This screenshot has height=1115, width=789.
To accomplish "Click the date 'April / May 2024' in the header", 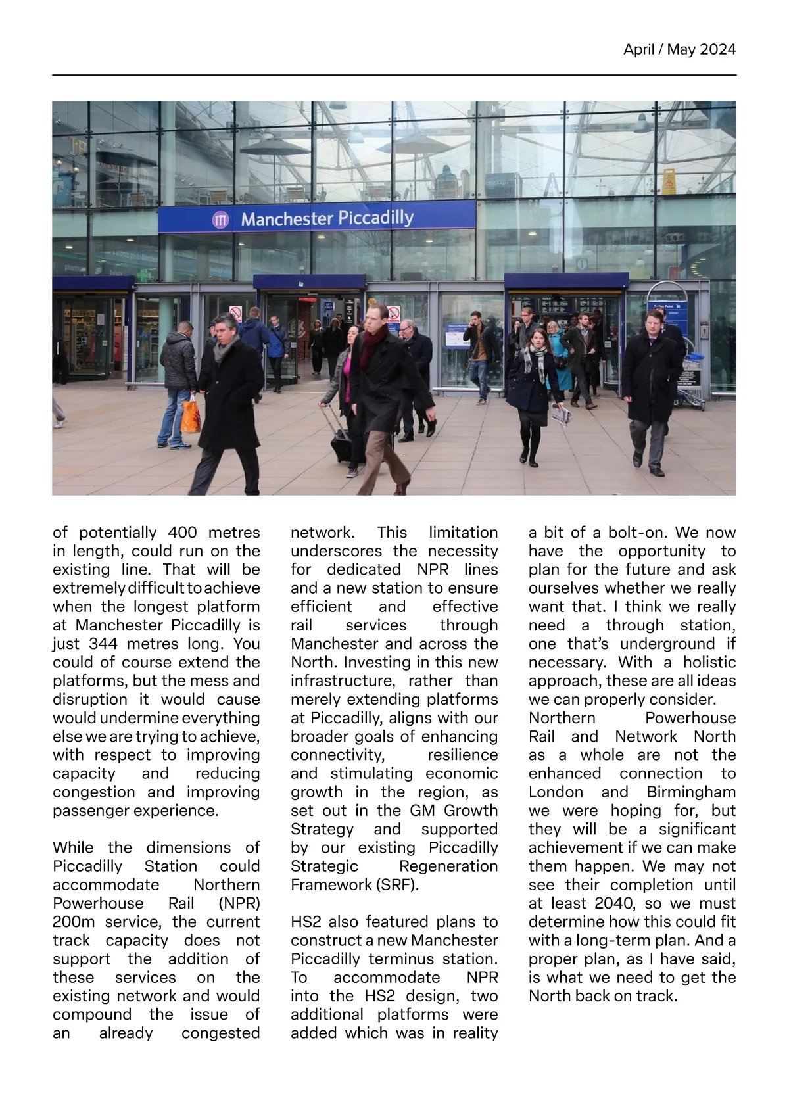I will coord(679,49).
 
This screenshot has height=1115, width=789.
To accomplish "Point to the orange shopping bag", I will coord(190,414).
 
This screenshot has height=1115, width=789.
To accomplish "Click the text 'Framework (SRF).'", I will coord(354,884).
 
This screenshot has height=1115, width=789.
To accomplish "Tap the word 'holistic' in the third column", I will coord(709,662).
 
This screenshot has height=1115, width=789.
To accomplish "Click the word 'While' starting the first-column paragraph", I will coord(73,847).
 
